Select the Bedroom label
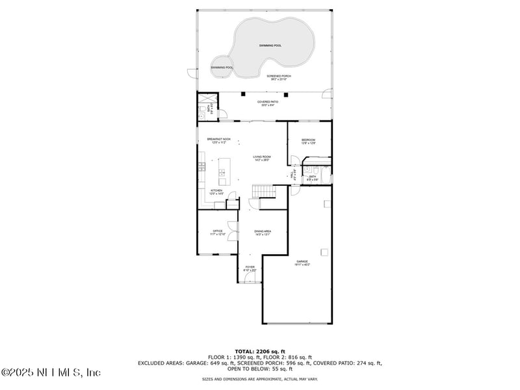[x=308, y=141]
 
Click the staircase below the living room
[x=263, y=190]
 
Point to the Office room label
[x=218, y=232]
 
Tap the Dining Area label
[x=262, y=232]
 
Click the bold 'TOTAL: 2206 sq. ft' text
[x=260, y=351]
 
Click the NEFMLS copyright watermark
[x=51, y=372]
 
